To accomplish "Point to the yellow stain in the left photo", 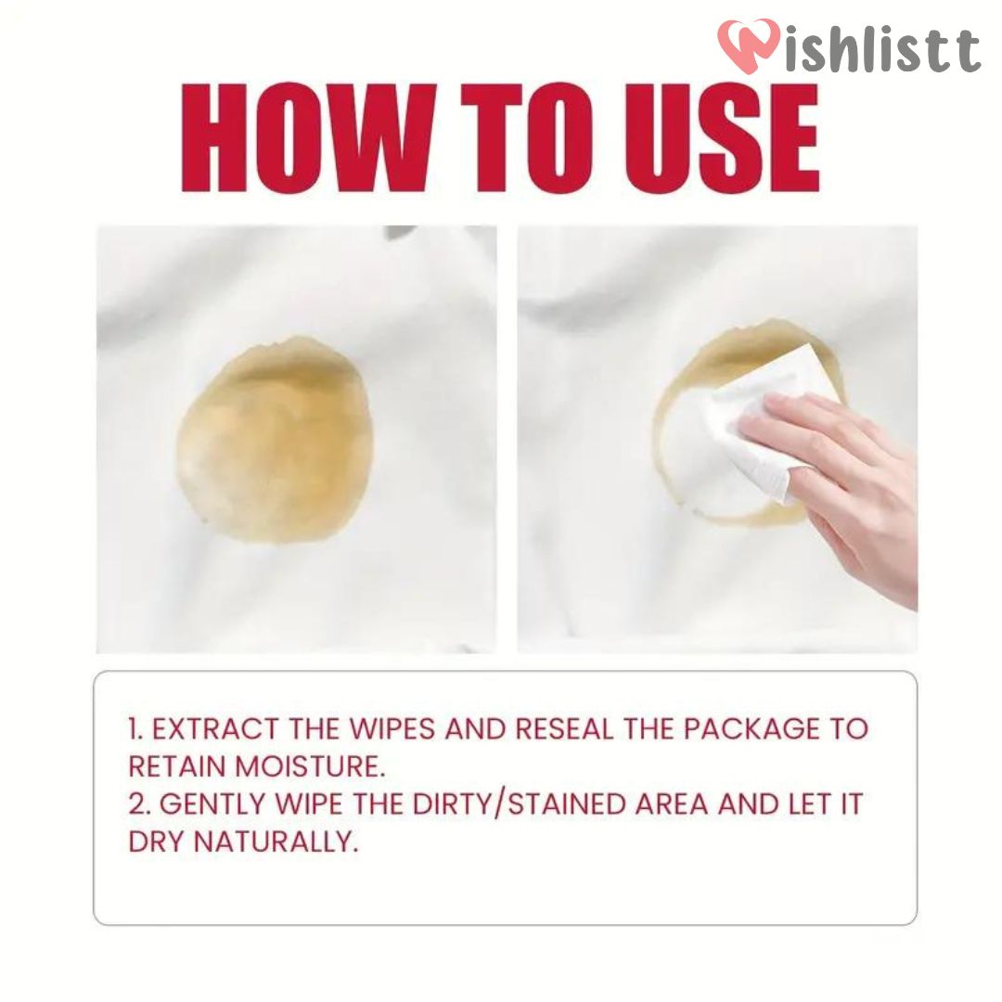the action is point(275,440).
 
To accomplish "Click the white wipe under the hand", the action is point(735,428).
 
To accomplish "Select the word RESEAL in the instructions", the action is point(564,729).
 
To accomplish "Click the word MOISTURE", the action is point(311,766).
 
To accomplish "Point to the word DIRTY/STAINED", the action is point(519,803).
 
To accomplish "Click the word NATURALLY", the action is point(276,841).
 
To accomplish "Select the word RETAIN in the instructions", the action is point(177,766).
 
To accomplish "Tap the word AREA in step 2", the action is point(672,803).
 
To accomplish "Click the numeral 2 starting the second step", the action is point(136,803).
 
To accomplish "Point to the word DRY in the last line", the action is point(156,841).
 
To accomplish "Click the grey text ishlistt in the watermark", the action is point(882,50).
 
